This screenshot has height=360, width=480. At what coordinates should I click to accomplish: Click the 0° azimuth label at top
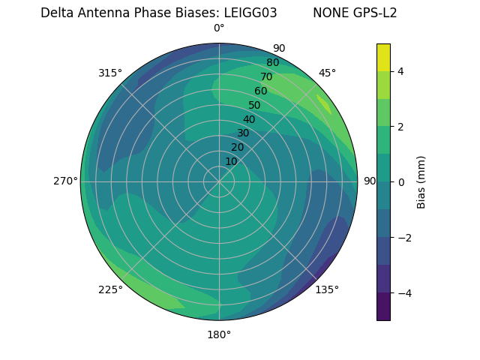(x=219, y=28)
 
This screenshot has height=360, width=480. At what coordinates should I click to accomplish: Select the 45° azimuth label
(x=327, y=73)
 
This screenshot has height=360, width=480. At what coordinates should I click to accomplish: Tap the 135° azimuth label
(x=327, y=289)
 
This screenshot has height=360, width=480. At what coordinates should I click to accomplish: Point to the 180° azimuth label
(x=219, y=334)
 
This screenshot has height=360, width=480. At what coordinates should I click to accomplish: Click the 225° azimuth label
(x=110, y=289)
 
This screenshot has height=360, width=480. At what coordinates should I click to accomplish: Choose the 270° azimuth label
(x=65, y=181)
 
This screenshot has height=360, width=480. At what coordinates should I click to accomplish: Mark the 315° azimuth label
(x=110, y=73)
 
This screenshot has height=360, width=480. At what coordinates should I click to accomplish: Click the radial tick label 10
(x=231, y=161)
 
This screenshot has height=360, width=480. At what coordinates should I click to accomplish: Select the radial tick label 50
(x=254, y=105)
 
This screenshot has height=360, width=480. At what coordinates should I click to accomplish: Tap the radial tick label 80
(x=272, y=62)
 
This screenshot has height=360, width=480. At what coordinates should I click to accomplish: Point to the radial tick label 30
(x=243, y=133)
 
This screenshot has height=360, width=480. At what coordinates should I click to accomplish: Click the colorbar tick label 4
(x=400, y=71)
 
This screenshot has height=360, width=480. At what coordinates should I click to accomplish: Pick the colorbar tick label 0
(x=400, y=182)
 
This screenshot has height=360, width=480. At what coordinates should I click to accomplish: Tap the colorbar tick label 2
(x=400, y=127)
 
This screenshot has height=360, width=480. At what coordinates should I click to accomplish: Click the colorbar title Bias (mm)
(x=421, y=182)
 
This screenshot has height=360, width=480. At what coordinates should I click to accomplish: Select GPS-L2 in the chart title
(x=370, y=13)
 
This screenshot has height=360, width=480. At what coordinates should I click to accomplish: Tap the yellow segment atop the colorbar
(x=383, y=57)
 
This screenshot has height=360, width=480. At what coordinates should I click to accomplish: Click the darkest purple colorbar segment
(x=383, y=307)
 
